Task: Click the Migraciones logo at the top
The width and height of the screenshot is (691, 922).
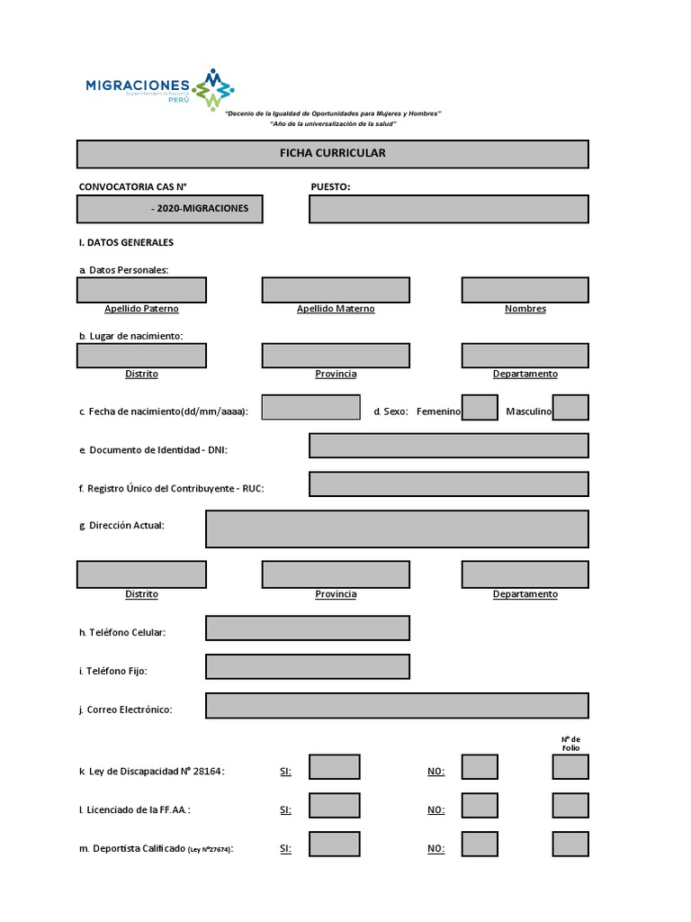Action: point(159,89)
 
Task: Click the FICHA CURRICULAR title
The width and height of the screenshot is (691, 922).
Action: point(332,154)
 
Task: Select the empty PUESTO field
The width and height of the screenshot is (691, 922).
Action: point(448,209)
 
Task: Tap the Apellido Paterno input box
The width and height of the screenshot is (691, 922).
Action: point(141,290)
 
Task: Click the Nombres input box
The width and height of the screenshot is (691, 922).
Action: point(525,290)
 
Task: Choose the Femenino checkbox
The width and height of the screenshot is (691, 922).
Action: point(479,408)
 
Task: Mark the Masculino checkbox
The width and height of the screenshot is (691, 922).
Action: point(570,408)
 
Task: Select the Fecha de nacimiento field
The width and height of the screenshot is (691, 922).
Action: point(310,407)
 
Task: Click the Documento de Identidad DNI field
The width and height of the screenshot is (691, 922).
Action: point(448,446)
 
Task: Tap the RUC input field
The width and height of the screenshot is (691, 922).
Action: point(448,484)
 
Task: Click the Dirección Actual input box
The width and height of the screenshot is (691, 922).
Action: point(397,529)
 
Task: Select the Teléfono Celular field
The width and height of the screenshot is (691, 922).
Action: point(308,628)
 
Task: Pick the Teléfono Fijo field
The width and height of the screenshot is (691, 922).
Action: point(308,667)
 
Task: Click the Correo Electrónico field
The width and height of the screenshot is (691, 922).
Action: point(397,706)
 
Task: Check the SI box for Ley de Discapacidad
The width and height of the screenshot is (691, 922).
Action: point(334,767)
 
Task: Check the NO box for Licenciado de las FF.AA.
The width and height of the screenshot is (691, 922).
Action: point(479,806)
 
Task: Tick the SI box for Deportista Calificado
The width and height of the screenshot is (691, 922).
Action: point(334,845)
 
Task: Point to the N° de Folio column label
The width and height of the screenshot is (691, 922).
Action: point(570,743)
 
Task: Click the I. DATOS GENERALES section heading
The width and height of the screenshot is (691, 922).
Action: point(126,243)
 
